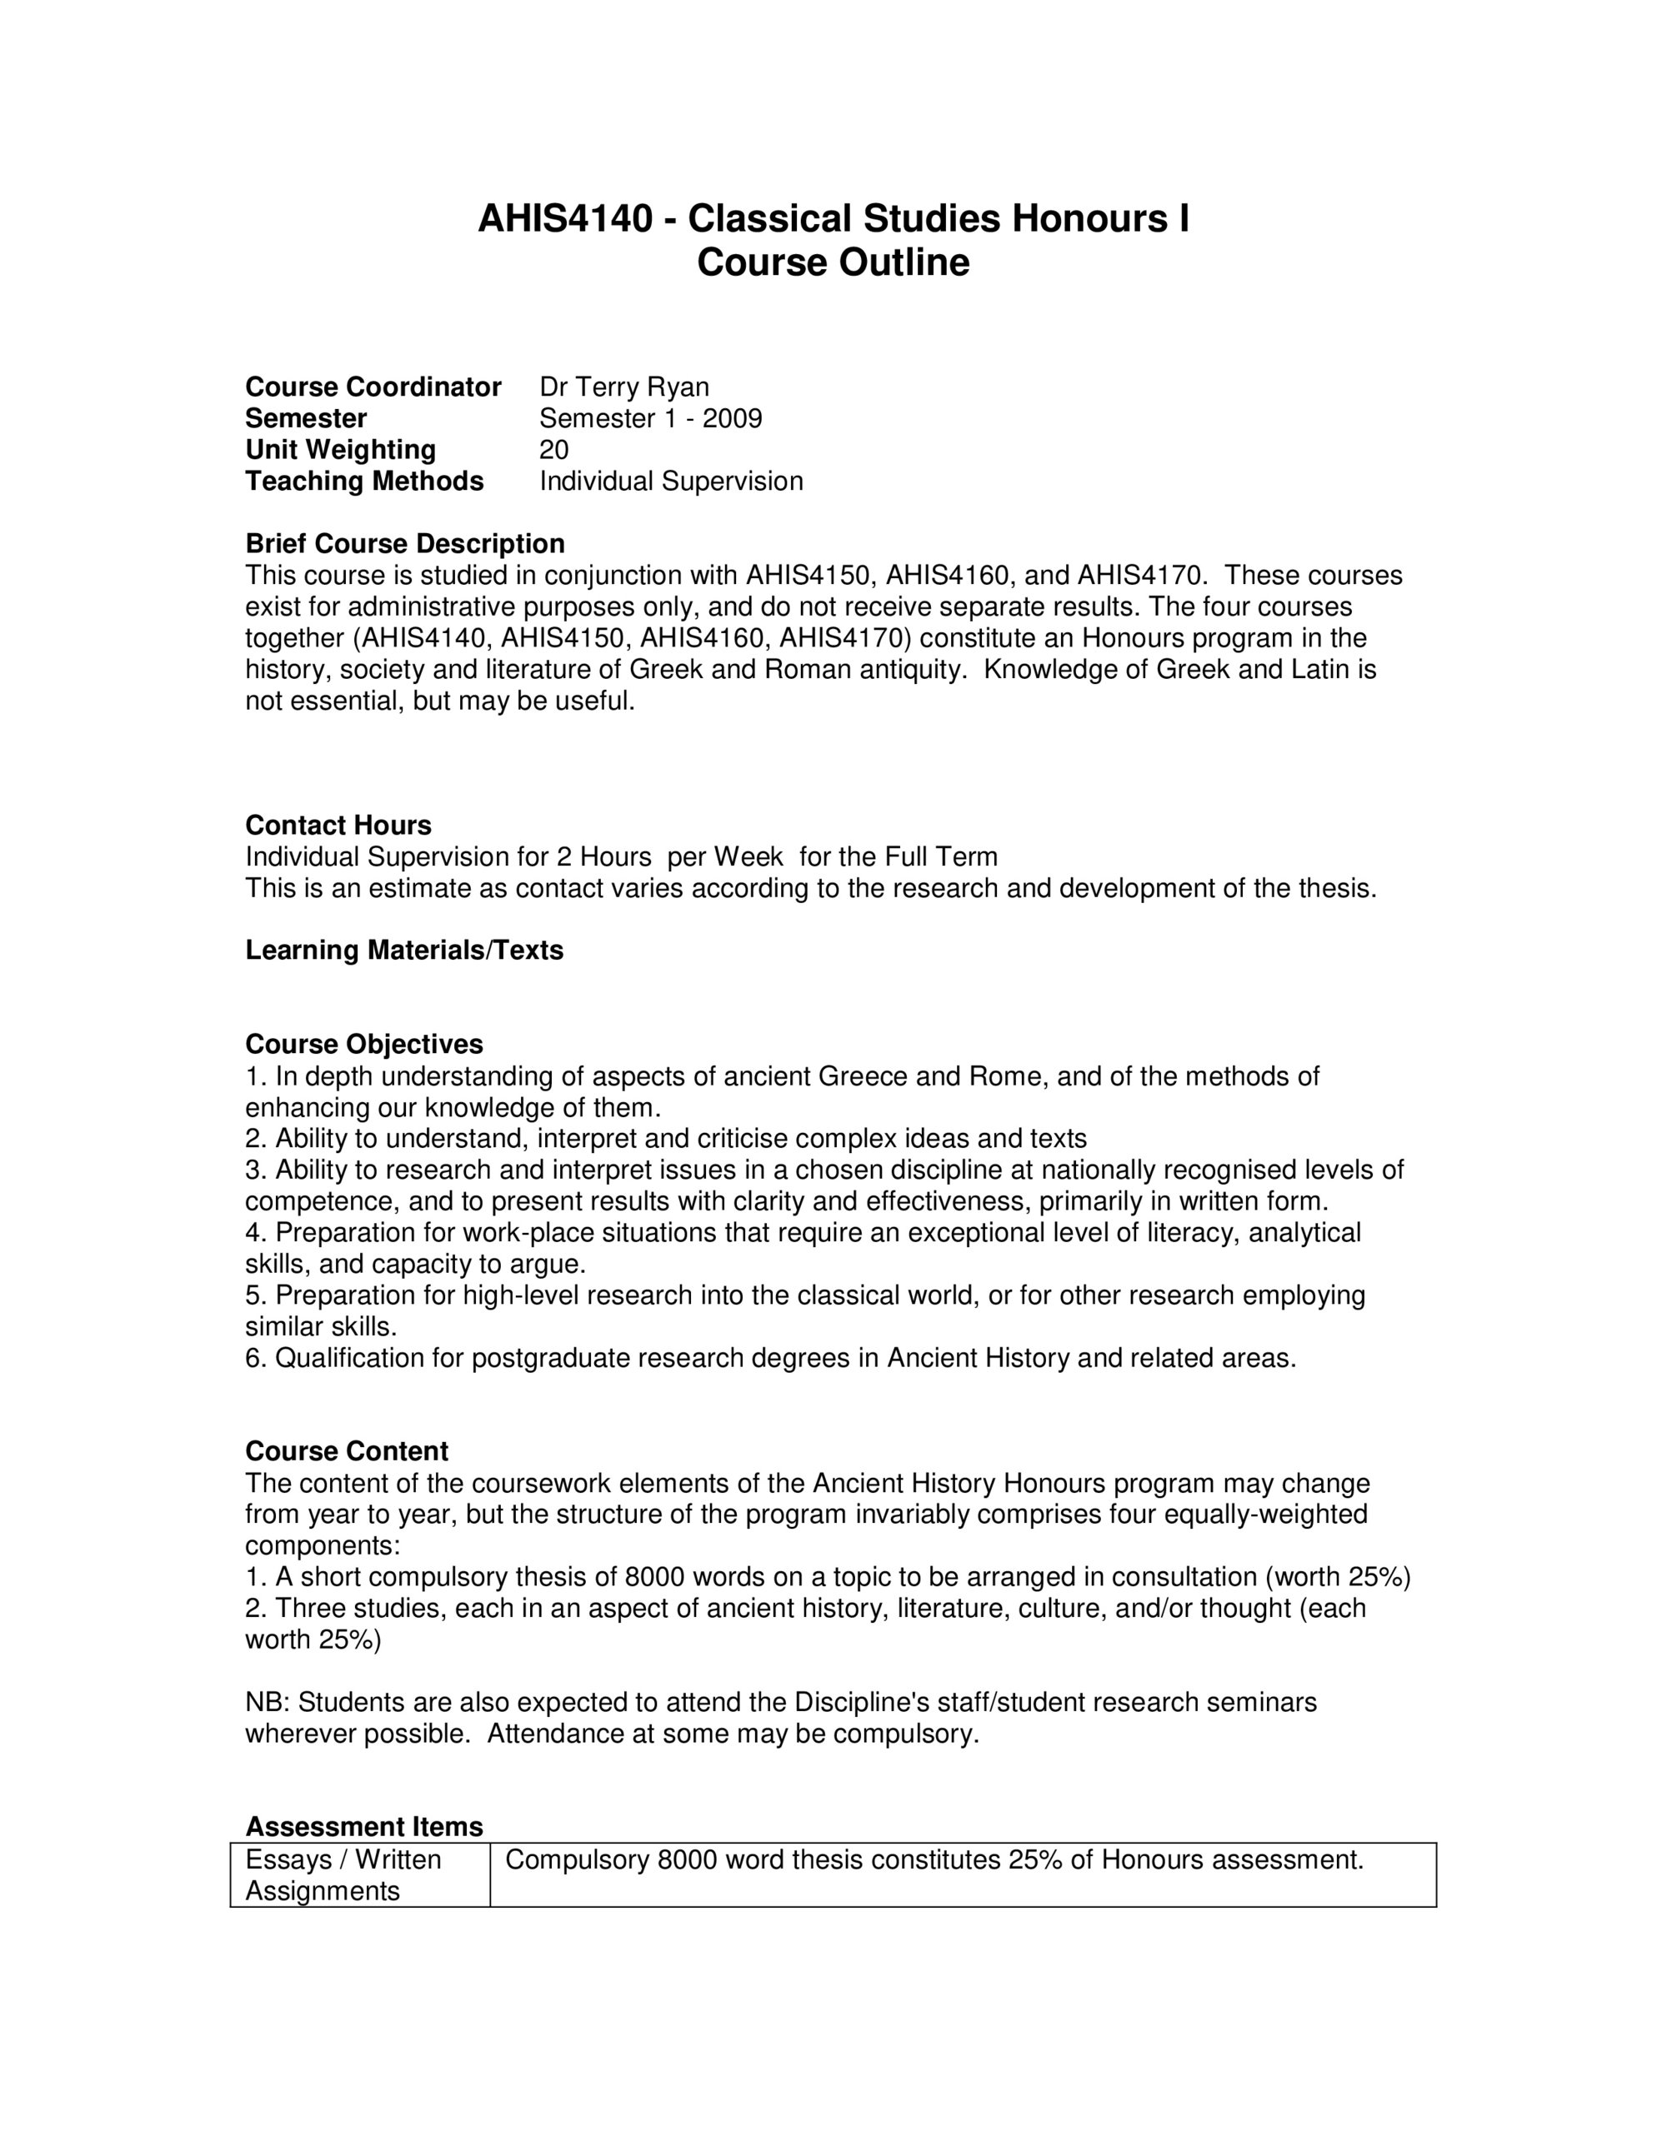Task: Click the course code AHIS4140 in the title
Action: click(x=565, y=219)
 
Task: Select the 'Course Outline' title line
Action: click(x=833, y=263)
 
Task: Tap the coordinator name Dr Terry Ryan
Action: click(x=623, y=387)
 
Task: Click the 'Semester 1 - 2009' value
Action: click(x=650, y=418)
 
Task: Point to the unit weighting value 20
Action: click(x=553, y=450)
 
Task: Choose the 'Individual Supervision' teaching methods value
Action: click(x=671, y=482)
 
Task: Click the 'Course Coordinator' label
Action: click(x=373, y=387)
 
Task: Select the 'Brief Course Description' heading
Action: click(x=404, y=544)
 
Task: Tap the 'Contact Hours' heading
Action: click(x=338, y=826)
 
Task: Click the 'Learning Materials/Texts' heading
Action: click(x=404, y=950)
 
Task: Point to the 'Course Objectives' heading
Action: click(x=363, y=1045)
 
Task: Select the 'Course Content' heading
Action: click(x=346, y=1451)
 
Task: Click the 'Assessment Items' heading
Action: click(x=363, y=1826)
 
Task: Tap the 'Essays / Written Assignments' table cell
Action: click(x=343, y=1875)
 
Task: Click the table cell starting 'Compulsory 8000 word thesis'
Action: click(x=934, y=1861)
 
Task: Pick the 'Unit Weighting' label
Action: click(x=340, y=450)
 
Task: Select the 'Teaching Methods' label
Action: click(x=363, y=482)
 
